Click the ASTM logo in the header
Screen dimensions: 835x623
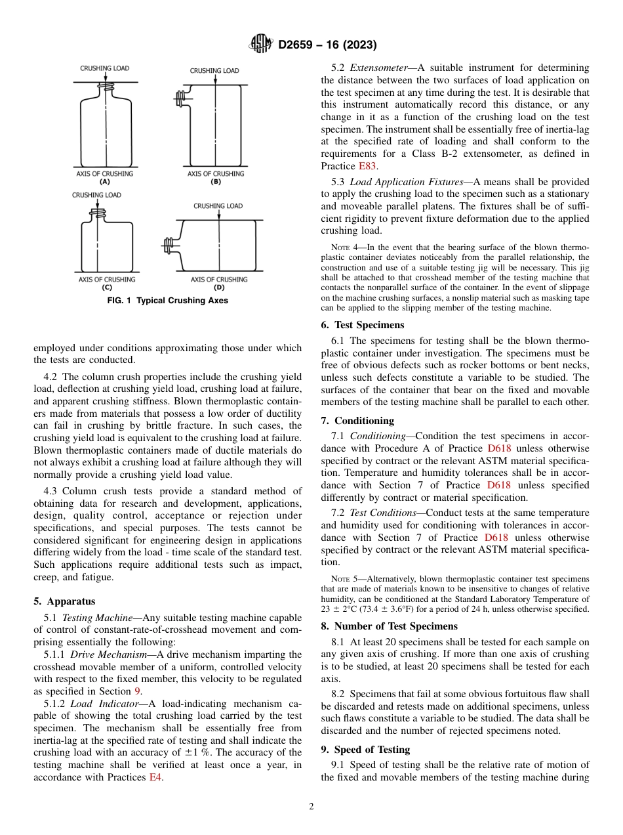coord(261,45)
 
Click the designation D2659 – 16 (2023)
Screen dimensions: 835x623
coord(327,45)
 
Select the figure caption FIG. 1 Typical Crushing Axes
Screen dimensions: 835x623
coord(168,301)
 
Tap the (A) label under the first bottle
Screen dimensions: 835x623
coord(105,181)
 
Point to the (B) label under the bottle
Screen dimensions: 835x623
coord(215,181)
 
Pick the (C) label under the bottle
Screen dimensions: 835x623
coord(107,288)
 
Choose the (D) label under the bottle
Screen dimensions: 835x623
coord(219,288)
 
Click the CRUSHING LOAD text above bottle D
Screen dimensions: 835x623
coord(218,206)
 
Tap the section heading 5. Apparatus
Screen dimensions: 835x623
coord(64,601)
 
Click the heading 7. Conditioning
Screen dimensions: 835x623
coord(357,420)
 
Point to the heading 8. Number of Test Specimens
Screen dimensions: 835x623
coord(389,626)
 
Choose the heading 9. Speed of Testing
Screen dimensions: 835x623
coord(365,749)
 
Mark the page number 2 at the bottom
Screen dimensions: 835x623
coord(311,807)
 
